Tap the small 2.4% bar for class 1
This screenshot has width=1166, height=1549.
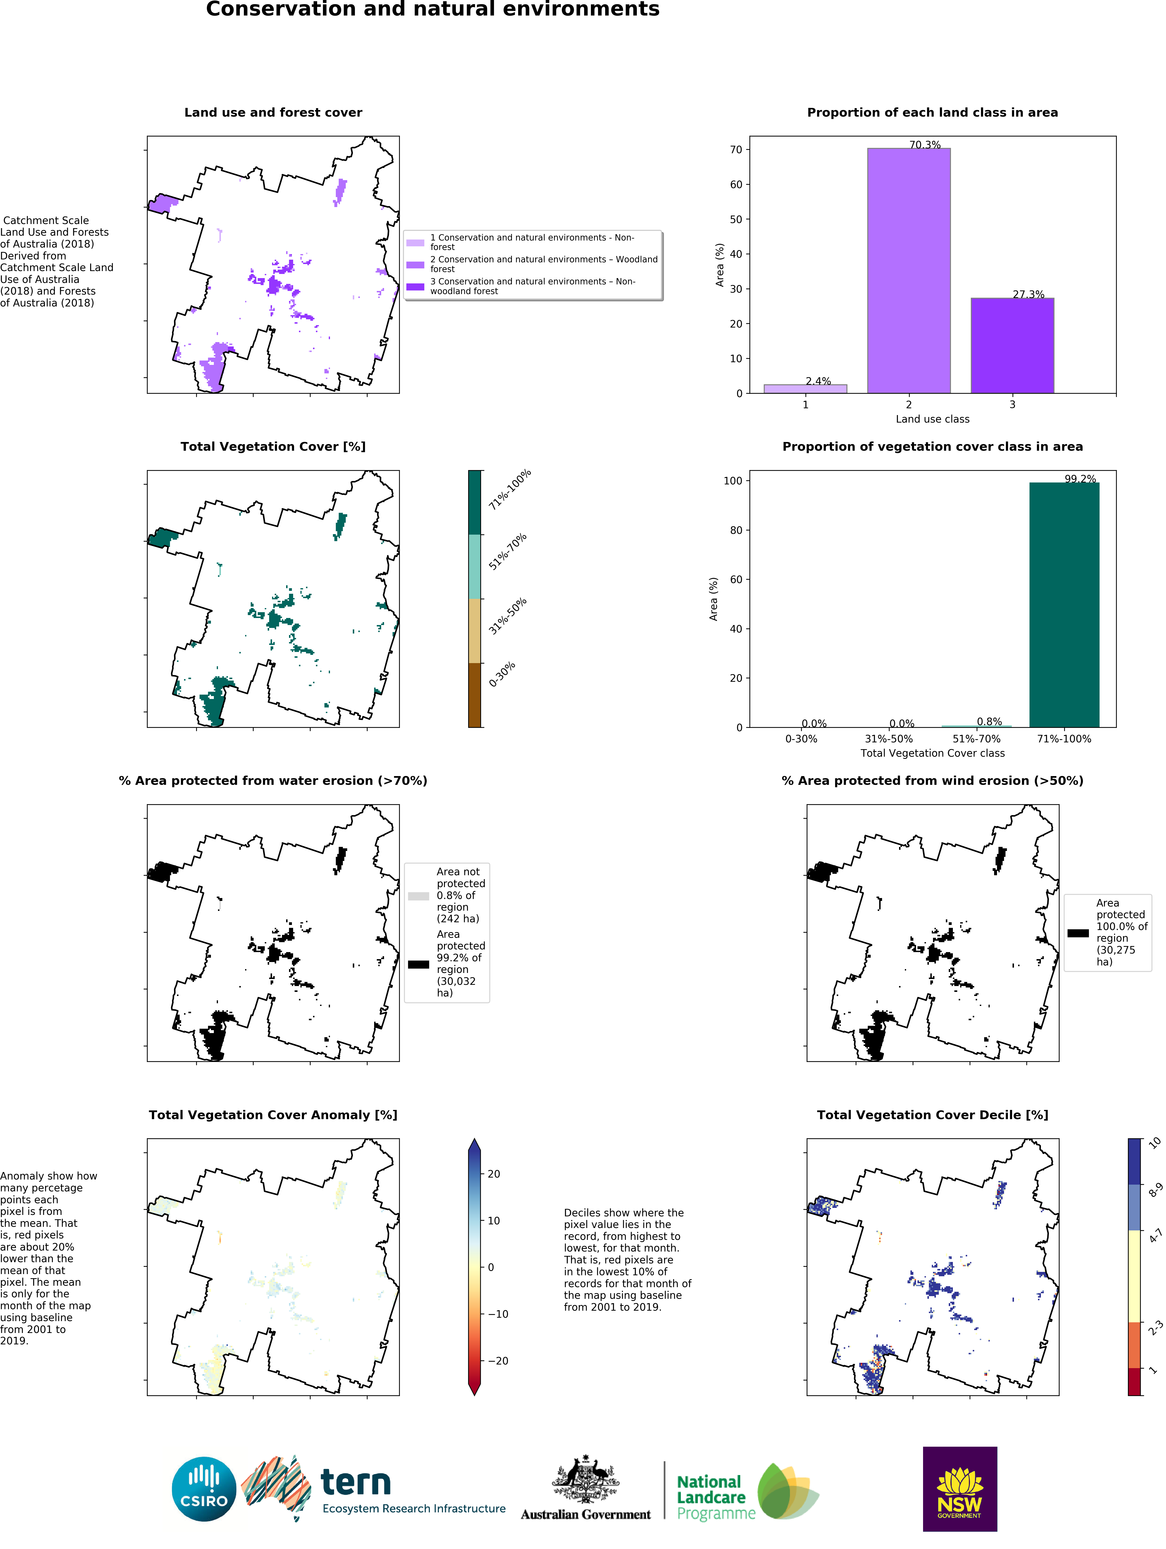point(805,389)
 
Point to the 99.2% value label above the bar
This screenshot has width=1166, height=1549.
point(1080,479)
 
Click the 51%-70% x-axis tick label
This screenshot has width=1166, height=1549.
point(976,739)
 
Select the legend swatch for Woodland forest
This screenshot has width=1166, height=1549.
point(415,265)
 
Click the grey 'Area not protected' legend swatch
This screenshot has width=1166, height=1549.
point(418,896)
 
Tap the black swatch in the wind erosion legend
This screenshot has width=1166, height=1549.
point(1078,933)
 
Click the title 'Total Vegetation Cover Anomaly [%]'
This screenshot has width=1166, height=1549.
point(273,1115)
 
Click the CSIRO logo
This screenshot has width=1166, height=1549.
point(204,1489)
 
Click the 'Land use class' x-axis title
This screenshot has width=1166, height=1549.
point(932,419)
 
